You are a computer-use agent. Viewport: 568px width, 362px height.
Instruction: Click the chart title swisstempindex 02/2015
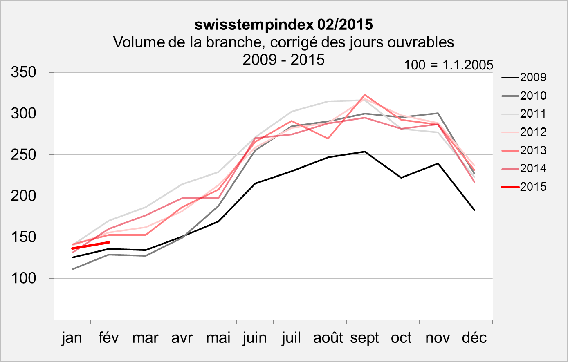pyautogui.click(x=283, y=25)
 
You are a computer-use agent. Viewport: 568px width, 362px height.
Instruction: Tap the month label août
pyautogui.click(x=328, y=338)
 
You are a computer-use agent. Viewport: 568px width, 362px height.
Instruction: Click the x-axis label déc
pyautogui.click(x=474, y=338)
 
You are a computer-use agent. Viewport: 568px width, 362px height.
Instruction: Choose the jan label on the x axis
pyautogui.click(x=72, y=338)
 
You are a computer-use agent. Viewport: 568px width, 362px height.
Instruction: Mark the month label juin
pyautogui.click(x=255, y=338)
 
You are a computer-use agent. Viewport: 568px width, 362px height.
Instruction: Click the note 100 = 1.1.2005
pyautogui.click(x=449, y=65)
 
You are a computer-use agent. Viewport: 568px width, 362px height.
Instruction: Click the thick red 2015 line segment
pyautogui.click(x=90, y=245)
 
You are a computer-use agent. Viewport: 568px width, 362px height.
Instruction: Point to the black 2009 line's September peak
pyautogui.click(x=364, y=152)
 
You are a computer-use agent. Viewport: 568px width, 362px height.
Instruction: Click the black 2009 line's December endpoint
pyautogui.click(x=474, y=210)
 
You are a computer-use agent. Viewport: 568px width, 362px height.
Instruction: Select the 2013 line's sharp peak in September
pyautogui.click(x=364, y=95)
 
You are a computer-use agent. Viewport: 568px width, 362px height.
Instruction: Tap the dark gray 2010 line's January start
pyautogui.click(x=72, y=269)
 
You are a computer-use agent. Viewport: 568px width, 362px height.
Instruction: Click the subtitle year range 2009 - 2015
pyautogui.click(x=283, y=60)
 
